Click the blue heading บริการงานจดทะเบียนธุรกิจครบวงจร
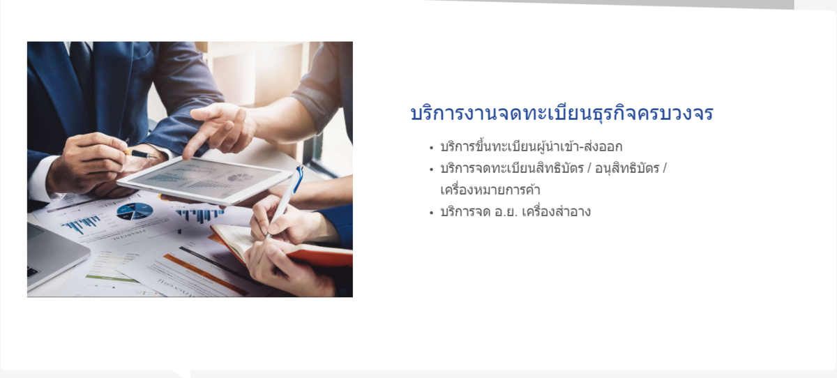[561, 113]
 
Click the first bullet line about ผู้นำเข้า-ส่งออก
[531, 146]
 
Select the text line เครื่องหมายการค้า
[490, 190]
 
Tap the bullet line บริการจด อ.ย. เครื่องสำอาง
[515, 212]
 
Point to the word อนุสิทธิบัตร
[627, 169]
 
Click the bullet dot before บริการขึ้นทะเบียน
[432, 148]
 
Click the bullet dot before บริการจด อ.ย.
[432, 213]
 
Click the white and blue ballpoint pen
[286, 200]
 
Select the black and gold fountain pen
[141, 153]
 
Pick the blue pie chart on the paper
[135, 211]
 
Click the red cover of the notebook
[322, 257]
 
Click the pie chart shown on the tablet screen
[240, 177]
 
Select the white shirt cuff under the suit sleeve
[40, 179]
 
